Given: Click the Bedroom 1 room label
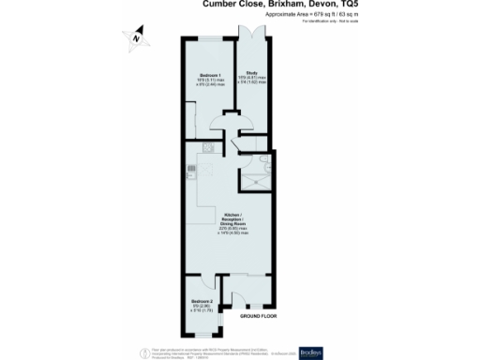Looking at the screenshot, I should click(209, 74).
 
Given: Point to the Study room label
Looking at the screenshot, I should click(252, 72).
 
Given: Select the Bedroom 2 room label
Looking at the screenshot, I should click(202, 300).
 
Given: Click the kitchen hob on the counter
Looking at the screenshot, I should click(191, 170).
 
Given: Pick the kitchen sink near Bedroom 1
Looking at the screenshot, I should click(208, 148).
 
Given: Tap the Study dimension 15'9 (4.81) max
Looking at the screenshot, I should click(252, 78).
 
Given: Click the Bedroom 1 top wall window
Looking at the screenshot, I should click(208, 38).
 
